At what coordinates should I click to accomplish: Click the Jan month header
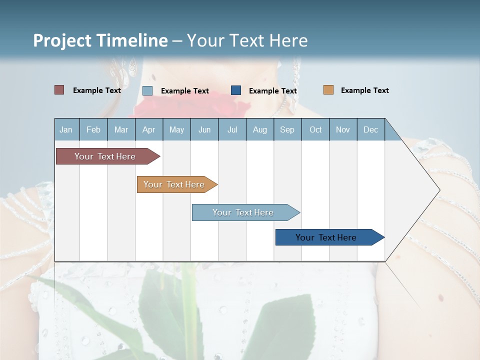pyautogui.click(x=66, y=129)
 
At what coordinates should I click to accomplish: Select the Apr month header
pyautogui.click(x=148, y=129)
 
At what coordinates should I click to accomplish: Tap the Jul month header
pyautogui.click(x=232, y=129)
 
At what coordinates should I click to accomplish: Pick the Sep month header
pyautogui.click(x=287, y=129)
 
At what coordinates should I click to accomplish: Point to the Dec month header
pyautogui.click(x=370, y=129)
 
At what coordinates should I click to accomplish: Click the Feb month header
pyautogui.click(x=93, y=129)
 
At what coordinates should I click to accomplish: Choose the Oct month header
pyautogui.click(x=315, y=129)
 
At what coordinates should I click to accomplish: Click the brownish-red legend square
pyautogui.click(x=59, y=90)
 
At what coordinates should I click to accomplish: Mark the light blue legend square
pyautogui.click(x=147, y=90)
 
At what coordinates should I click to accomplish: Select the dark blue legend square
pyautogui.click(x=236, y=90)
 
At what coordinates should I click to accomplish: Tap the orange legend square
pyautogui.click(x=328, y=90)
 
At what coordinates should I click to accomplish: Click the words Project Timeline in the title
pyautogui.click(x=100, y=40)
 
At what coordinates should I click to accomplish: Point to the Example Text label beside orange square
pyautogui.click(x=364, y=90)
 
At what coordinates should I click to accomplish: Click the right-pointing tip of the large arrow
pyautogui.click(x=438, y=190)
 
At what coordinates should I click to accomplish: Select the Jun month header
pyautogui.click(x=204, y=129)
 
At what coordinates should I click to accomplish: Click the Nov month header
pyautogui.click(x=343, y=129)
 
